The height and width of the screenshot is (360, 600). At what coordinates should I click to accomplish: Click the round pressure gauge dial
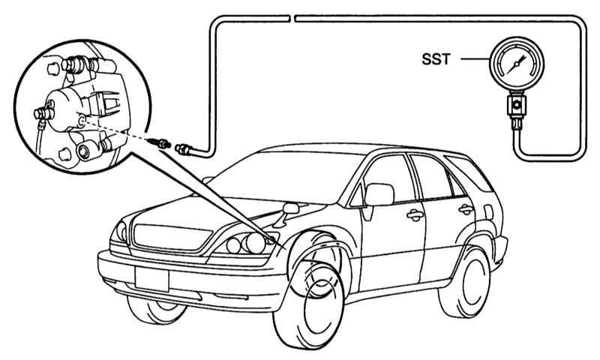click(515, 66)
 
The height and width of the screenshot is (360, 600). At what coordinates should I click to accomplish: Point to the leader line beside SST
click(472, 58)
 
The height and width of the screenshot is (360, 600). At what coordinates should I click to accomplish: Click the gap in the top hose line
click(292, 16)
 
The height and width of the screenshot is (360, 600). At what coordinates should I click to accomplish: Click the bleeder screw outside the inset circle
click(160, 142)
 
